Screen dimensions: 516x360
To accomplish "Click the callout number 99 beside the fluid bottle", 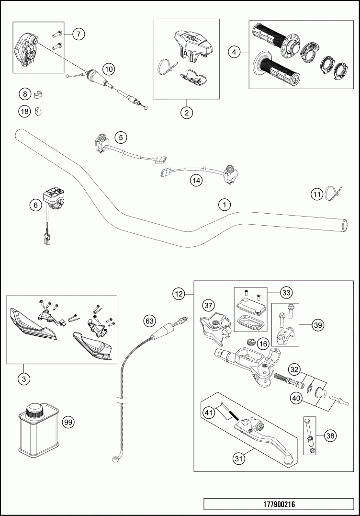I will pos(68,422).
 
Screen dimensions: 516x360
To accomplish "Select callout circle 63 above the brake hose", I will pos(150,320).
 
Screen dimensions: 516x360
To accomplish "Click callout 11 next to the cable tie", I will pos(316,194).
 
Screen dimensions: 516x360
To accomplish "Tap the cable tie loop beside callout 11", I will pos(332,193).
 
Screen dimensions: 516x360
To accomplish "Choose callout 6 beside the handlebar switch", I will pos(35,205).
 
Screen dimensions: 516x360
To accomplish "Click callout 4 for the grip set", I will pos(234,52).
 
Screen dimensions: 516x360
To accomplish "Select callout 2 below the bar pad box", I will pos(186,113).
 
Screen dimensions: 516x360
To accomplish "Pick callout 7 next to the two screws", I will pos(79,34).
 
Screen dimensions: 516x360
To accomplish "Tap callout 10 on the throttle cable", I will pos(109,69).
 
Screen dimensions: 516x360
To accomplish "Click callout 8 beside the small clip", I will pos(24,93).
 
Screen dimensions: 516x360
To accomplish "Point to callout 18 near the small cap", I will pos(24,112).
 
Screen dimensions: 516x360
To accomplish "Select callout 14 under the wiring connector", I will pos(196,180).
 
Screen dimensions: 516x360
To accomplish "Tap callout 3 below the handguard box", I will pos(23,379).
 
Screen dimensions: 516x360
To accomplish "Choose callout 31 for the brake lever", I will pos(239,459).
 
